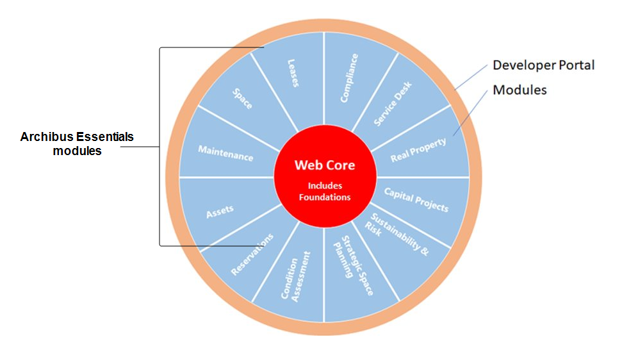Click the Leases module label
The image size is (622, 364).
[x=293, y=73]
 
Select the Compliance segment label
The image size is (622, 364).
[x=350, y=78]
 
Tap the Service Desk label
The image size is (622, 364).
[x=393, y=103]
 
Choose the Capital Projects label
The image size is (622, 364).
[x=416, y=199]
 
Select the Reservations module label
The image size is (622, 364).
[x=252, y=254]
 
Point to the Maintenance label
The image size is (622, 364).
[x=225, y=153]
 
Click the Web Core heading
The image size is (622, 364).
[x=325, y=165]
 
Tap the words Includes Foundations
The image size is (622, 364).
[x=325, y=192]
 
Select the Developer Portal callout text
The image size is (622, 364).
[x=543, y=65]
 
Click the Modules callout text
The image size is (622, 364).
[x=520, y=90]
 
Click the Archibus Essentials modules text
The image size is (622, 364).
[x=77, y=144]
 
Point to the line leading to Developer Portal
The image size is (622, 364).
[x=472, y=78]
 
